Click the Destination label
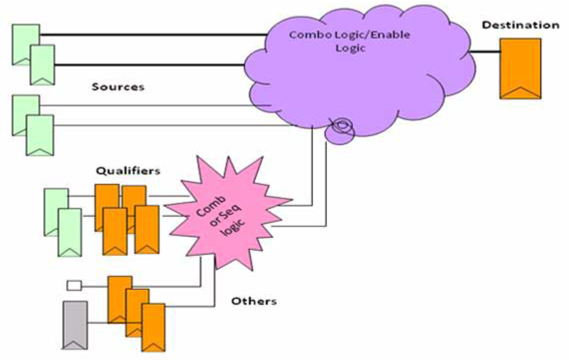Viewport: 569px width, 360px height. [x=520, y=25]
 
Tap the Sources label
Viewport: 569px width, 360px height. [x=118, y=87]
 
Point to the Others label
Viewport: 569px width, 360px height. [x=254, y=300]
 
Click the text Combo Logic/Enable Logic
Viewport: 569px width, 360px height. [x=349, y=41]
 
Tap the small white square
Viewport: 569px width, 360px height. [x=74, y=285]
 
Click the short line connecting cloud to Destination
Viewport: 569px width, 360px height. [x=485, y=51]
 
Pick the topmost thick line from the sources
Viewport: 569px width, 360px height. [x=153, y=35]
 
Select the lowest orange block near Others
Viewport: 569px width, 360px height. [x=153, y=327]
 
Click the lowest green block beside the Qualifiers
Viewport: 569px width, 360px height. [x=69, y=231]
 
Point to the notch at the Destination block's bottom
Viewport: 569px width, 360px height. [x=520, y=92]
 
